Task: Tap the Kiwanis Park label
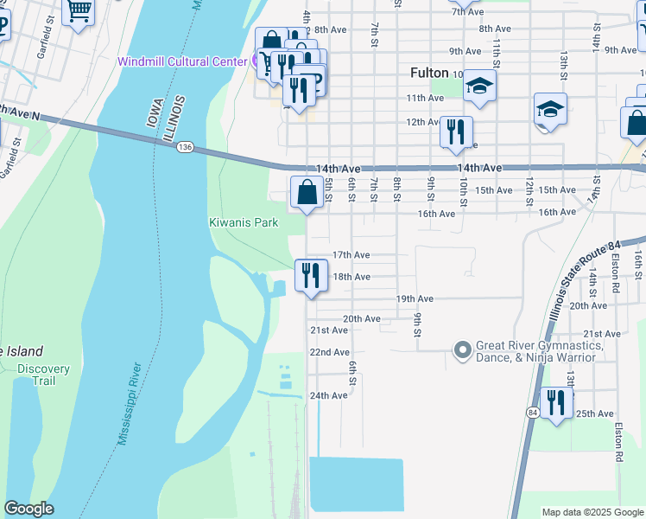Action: [244, 222]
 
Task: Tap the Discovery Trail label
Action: [42, 375]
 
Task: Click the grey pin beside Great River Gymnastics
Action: [463, 350]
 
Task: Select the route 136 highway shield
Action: [184, 148]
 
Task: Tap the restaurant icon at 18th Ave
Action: [311, 275]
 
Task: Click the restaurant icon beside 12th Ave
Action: [456, 131]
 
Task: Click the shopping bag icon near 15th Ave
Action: [307, 191]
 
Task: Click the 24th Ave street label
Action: [328, 395]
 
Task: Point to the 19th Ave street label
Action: [414, 298]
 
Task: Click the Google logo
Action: [28, 509]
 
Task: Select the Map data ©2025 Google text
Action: [592, 512]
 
